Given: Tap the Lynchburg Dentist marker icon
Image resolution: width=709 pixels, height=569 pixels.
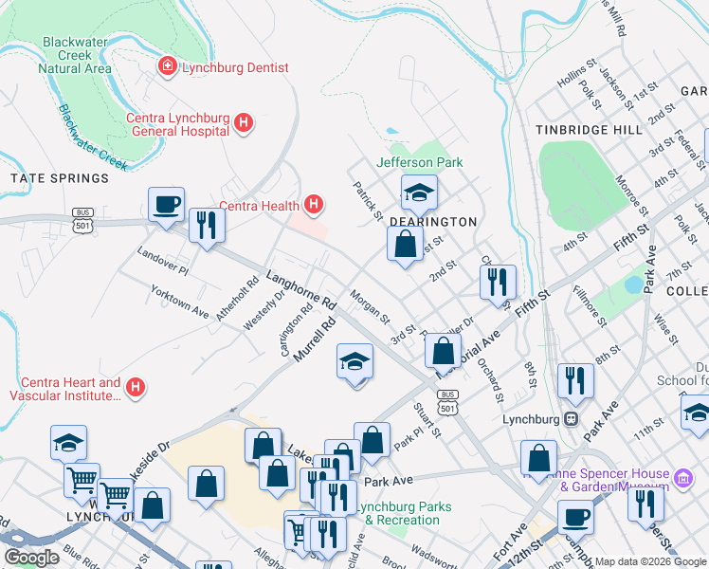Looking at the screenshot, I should [167, 67].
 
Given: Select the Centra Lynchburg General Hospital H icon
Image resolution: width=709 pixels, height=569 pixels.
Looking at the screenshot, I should [244, 122].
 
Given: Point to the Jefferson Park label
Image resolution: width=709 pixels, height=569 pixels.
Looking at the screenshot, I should [420, 162].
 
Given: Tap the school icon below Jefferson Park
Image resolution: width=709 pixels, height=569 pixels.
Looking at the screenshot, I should [418, 193].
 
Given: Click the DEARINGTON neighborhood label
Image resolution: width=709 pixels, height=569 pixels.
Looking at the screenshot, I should [431, 221].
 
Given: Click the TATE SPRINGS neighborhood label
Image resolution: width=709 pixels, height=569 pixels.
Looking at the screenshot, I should [60, 178].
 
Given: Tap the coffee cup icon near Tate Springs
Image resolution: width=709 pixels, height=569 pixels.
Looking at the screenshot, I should [166, 204].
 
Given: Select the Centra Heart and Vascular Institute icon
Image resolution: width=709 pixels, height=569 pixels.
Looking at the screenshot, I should [136, 387].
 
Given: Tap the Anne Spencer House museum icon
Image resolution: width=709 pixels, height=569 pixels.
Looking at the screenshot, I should [684, 474].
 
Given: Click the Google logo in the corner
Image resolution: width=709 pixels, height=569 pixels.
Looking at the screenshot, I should [31, 558].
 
